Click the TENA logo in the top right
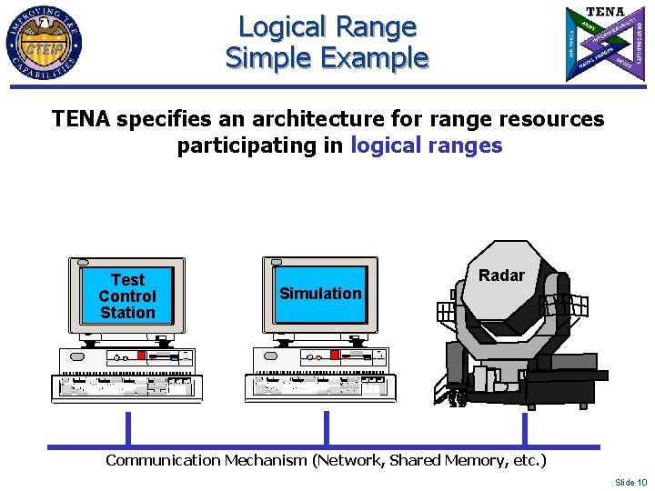(x=605, y=42)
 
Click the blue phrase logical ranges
(x=426, y=145)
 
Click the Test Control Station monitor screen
(x=127, y=296)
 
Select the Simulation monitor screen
(x=319, y=294)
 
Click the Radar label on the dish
(x=501, y=276)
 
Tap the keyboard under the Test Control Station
(x=120, y=387)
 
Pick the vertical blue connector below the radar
(x=525, y=428)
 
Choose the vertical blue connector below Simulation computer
(x=327, y=428)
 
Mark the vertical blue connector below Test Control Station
(x=128, y=428)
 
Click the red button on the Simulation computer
(x=334, y=356)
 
